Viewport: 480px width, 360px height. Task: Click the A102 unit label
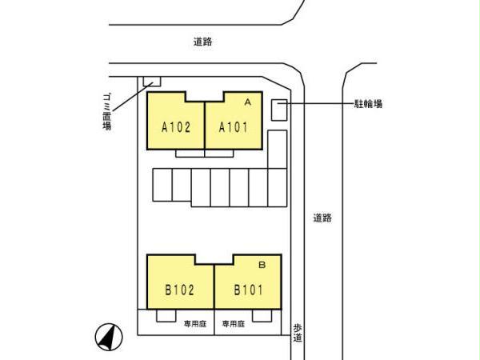176,127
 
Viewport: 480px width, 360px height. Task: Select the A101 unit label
234,127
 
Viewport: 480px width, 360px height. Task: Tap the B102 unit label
180,290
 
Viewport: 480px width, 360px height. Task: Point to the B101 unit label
248,290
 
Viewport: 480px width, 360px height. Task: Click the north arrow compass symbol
109,337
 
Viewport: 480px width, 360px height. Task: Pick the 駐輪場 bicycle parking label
368,104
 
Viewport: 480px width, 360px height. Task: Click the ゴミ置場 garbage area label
107,112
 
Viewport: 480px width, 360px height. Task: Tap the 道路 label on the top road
202,42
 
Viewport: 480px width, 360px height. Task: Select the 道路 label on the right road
322,218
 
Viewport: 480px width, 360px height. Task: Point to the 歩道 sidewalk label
298,333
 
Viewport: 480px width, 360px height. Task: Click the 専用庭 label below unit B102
195,323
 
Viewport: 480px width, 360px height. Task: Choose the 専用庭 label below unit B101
234,323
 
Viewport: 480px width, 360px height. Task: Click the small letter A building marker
248,102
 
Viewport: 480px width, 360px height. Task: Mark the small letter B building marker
262,265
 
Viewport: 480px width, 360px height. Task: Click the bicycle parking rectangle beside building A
279,110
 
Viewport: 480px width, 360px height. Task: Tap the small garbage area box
152,82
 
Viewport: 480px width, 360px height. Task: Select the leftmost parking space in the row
162,185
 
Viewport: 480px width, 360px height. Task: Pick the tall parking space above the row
278,150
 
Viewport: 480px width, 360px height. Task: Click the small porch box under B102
166,316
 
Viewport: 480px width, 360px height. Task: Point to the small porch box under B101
262,316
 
